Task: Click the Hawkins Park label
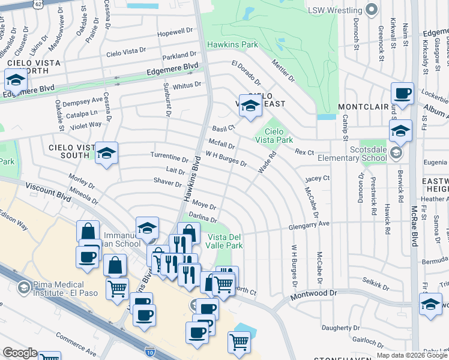232,44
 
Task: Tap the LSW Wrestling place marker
372,9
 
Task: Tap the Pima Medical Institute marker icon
24,286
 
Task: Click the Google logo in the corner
20,353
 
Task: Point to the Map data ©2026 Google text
412,355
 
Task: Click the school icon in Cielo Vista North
15,80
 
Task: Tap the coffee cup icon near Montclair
402,94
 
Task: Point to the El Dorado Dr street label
246,73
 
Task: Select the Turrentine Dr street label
169,157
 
